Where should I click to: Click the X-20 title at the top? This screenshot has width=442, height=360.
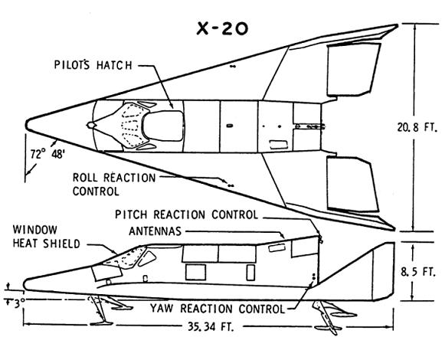pyautogui.click(x=222, y=29)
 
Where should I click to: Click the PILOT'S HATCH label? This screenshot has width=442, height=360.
pyautogui.click(x=93, y=65)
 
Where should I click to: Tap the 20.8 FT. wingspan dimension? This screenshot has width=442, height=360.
pyautogui.click(x=417, y=127)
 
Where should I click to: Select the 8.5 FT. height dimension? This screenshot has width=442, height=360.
pyautogui.click(x=418, y=272)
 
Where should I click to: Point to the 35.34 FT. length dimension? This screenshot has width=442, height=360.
pyautogui.click(x=211, y=327)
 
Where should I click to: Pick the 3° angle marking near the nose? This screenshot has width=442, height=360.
pyautogui.click(x=15, y=304)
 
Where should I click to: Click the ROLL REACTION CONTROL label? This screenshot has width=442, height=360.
pyautogui.click(x=114, y=185)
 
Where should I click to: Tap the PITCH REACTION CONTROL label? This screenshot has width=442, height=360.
pyautogui.click(x=186, y=214)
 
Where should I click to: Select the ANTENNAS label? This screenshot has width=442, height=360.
pyautogui.click(x=155, y=231)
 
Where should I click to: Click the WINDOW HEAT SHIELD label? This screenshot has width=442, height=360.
pyautogui.click(x=47, y=237)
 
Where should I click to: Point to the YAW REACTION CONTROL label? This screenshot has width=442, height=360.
pyautogui.click(x=218, y=309)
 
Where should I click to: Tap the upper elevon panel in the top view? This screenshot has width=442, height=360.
pyautogui.click(x=354, y=70)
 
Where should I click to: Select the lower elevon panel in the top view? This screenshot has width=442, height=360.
pyautogui.click(x=352, y=184)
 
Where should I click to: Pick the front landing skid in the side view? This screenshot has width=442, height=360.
pyautogui.click(x=104, y=310)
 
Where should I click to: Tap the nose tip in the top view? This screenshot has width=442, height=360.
pyautogui.click(x=26, y=125)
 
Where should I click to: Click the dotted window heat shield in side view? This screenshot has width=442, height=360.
pyautogui.click(x=124, y=258)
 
